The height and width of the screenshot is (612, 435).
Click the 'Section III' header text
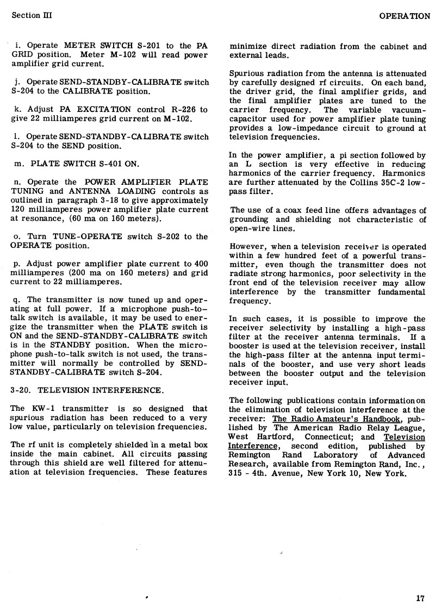coord(32,15)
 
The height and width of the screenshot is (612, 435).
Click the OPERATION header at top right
coord(405,16)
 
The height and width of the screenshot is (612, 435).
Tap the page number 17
coord(420,598)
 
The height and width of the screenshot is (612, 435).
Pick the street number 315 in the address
coord(237,473)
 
